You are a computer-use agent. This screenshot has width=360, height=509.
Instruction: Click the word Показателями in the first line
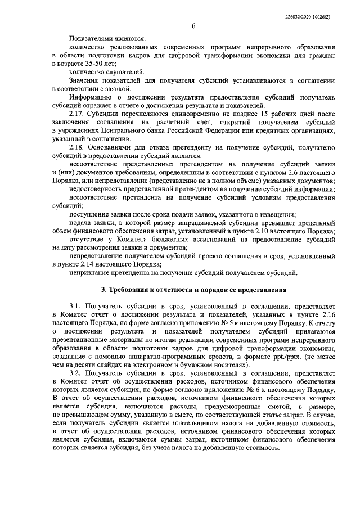(89, 39)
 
